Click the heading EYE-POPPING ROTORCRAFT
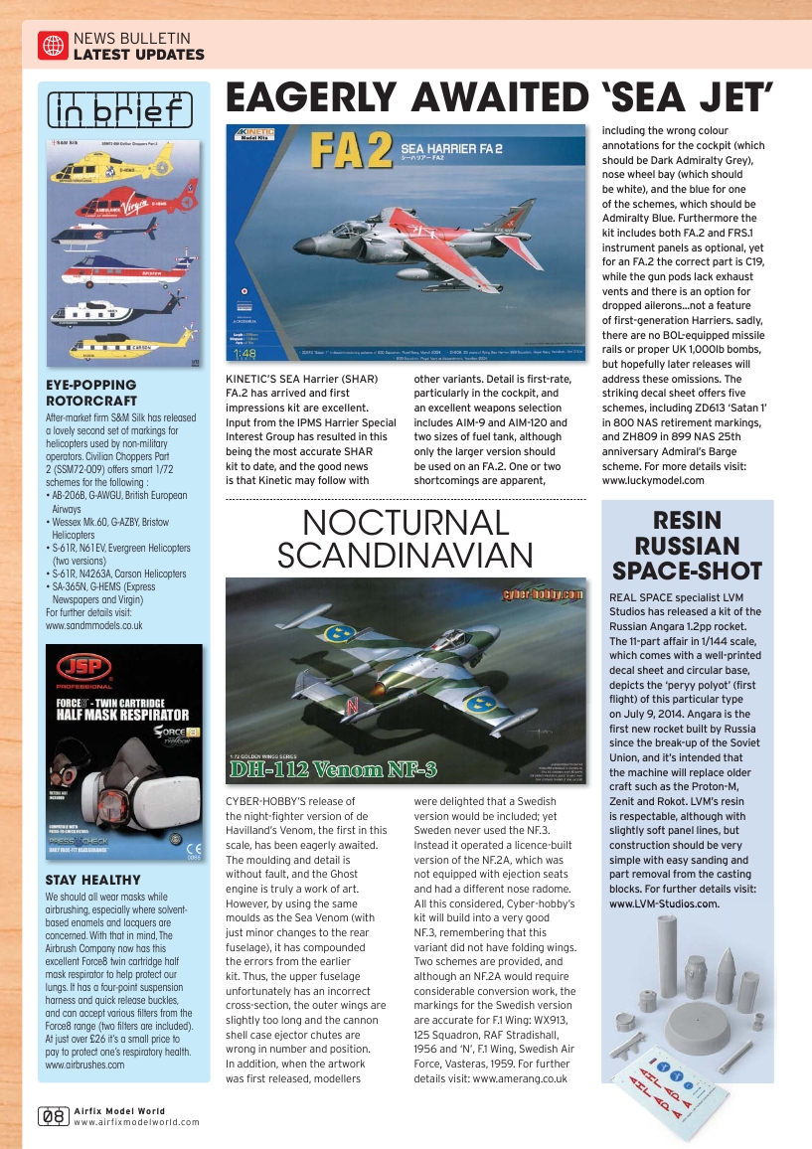(91, 392)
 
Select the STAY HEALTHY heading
(92, 880)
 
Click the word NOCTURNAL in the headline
(406, 522)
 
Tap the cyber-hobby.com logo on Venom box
(540, 593)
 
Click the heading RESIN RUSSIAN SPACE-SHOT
(688, 546)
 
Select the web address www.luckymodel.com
(653, 480)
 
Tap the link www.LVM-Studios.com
(664, 903)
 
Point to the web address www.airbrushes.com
(85, 1065)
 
